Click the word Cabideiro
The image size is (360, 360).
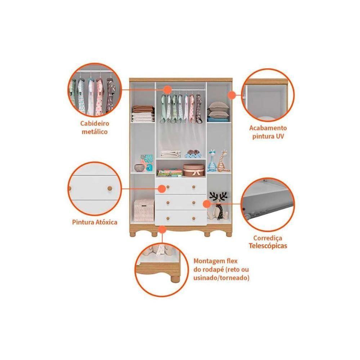pos(95,123)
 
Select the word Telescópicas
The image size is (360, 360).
pos(268,246)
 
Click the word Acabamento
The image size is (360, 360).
pos(268,128)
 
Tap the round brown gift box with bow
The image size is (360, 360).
pos(194,170)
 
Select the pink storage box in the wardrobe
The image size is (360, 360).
pos(144,210)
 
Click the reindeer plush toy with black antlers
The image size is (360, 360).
pos(218,206)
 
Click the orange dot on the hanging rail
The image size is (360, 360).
pos(168,90)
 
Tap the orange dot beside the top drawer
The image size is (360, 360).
pos(162,189)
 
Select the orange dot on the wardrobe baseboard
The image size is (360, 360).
pos(162,229)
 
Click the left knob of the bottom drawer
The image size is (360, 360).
pos(168,218)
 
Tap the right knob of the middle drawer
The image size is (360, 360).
pos(194,203)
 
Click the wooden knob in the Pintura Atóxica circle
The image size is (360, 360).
pos(110,189)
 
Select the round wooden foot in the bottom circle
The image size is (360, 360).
pos(175,279)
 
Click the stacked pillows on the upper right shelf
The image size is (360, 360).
pos(219,110)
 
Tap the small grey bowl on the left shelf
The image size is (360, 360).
pos(139,167)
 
